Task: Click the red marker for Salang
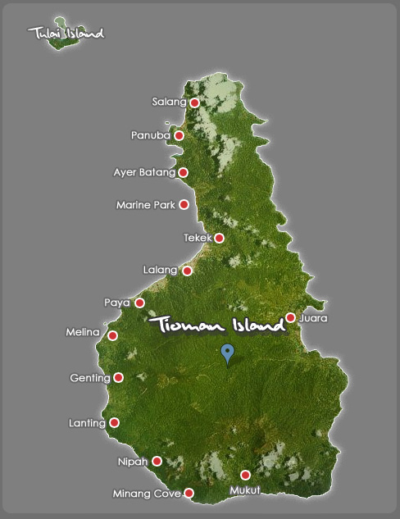[194, 102]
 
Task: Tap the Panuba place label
[150, 135]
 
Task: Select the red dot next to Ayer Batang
[183, 172]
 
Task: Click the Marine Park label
[145, 205]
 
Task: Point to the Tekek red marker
[219, 238]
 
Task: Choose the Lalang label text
[160, 270]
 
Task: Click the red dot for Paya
[139, 303]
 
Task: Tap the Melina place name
[82, 332]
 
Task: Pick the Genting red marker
[118, 377]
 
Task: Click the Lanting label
[87, 423]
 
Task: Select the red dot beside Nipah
[157, 461]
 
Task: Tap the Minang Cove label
[147, 494]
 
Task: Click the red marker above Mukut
[244, 475]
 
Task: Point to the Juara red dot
[290, 317]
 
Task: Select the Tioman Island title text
[217, 326]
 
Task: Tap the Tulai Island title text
[66, 34]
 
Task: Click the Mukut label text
[244, 490]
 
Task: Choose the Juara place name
[314, 317]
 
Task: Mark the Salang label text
[170, 102]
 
